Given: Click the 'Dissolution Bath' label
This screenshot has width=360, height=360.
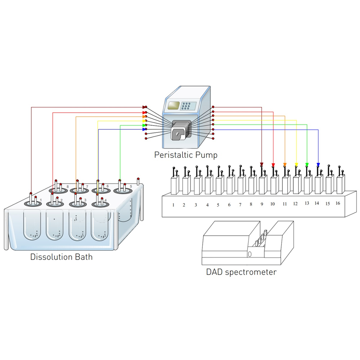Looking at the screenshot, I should click(x=61, y=257).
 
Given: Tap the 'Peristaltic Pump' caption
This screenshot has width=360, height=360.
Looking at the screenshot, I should click(x=186, y=155).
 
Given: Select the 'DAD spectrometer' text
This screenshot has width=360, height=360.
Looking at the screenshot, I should click(x=241, y=272).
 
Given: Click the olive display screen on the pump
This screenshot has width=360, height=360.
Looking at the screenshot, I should click(x=174, y=106).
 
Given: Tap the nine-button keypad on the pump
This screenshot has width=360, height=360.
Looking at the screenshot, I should click(x=187, y=107).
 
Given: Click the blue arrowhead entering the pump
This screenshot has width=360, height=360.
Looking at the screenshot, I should click(x=144, y=129).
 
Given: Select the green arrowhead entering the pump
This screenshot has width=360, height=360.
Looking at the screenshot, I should click(x=144, y=125).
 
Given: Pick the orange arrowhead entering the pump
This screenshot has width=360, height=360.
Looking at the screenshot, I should click(x=144, y=117).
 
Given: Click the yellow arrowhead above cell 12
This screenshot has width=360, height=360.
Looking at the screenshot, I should click(x=296, y=165).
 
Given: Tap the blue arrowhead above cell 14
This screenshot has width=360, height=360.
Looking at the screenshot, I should click(x=318, y=165).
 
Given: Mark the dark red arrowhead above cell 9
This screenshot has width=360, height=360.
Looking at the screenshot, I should click(x=262, y=165).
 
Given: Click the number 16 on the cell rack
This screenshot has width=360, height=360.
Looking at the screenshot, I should click(x=338, y=203).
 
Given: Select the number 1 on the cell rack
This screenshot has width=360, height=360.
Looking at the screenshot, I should click(x=173, y=205).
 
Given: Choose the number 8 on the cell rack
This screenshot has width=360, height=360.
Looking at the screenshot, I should click(x=251, y=204).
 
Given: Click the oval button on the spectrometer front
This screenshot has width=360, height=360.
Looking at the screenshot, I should click(x=250, y=254).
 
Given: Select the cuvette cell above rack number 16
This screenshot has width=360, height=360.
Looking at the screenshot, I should click(x=340, y=185).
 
